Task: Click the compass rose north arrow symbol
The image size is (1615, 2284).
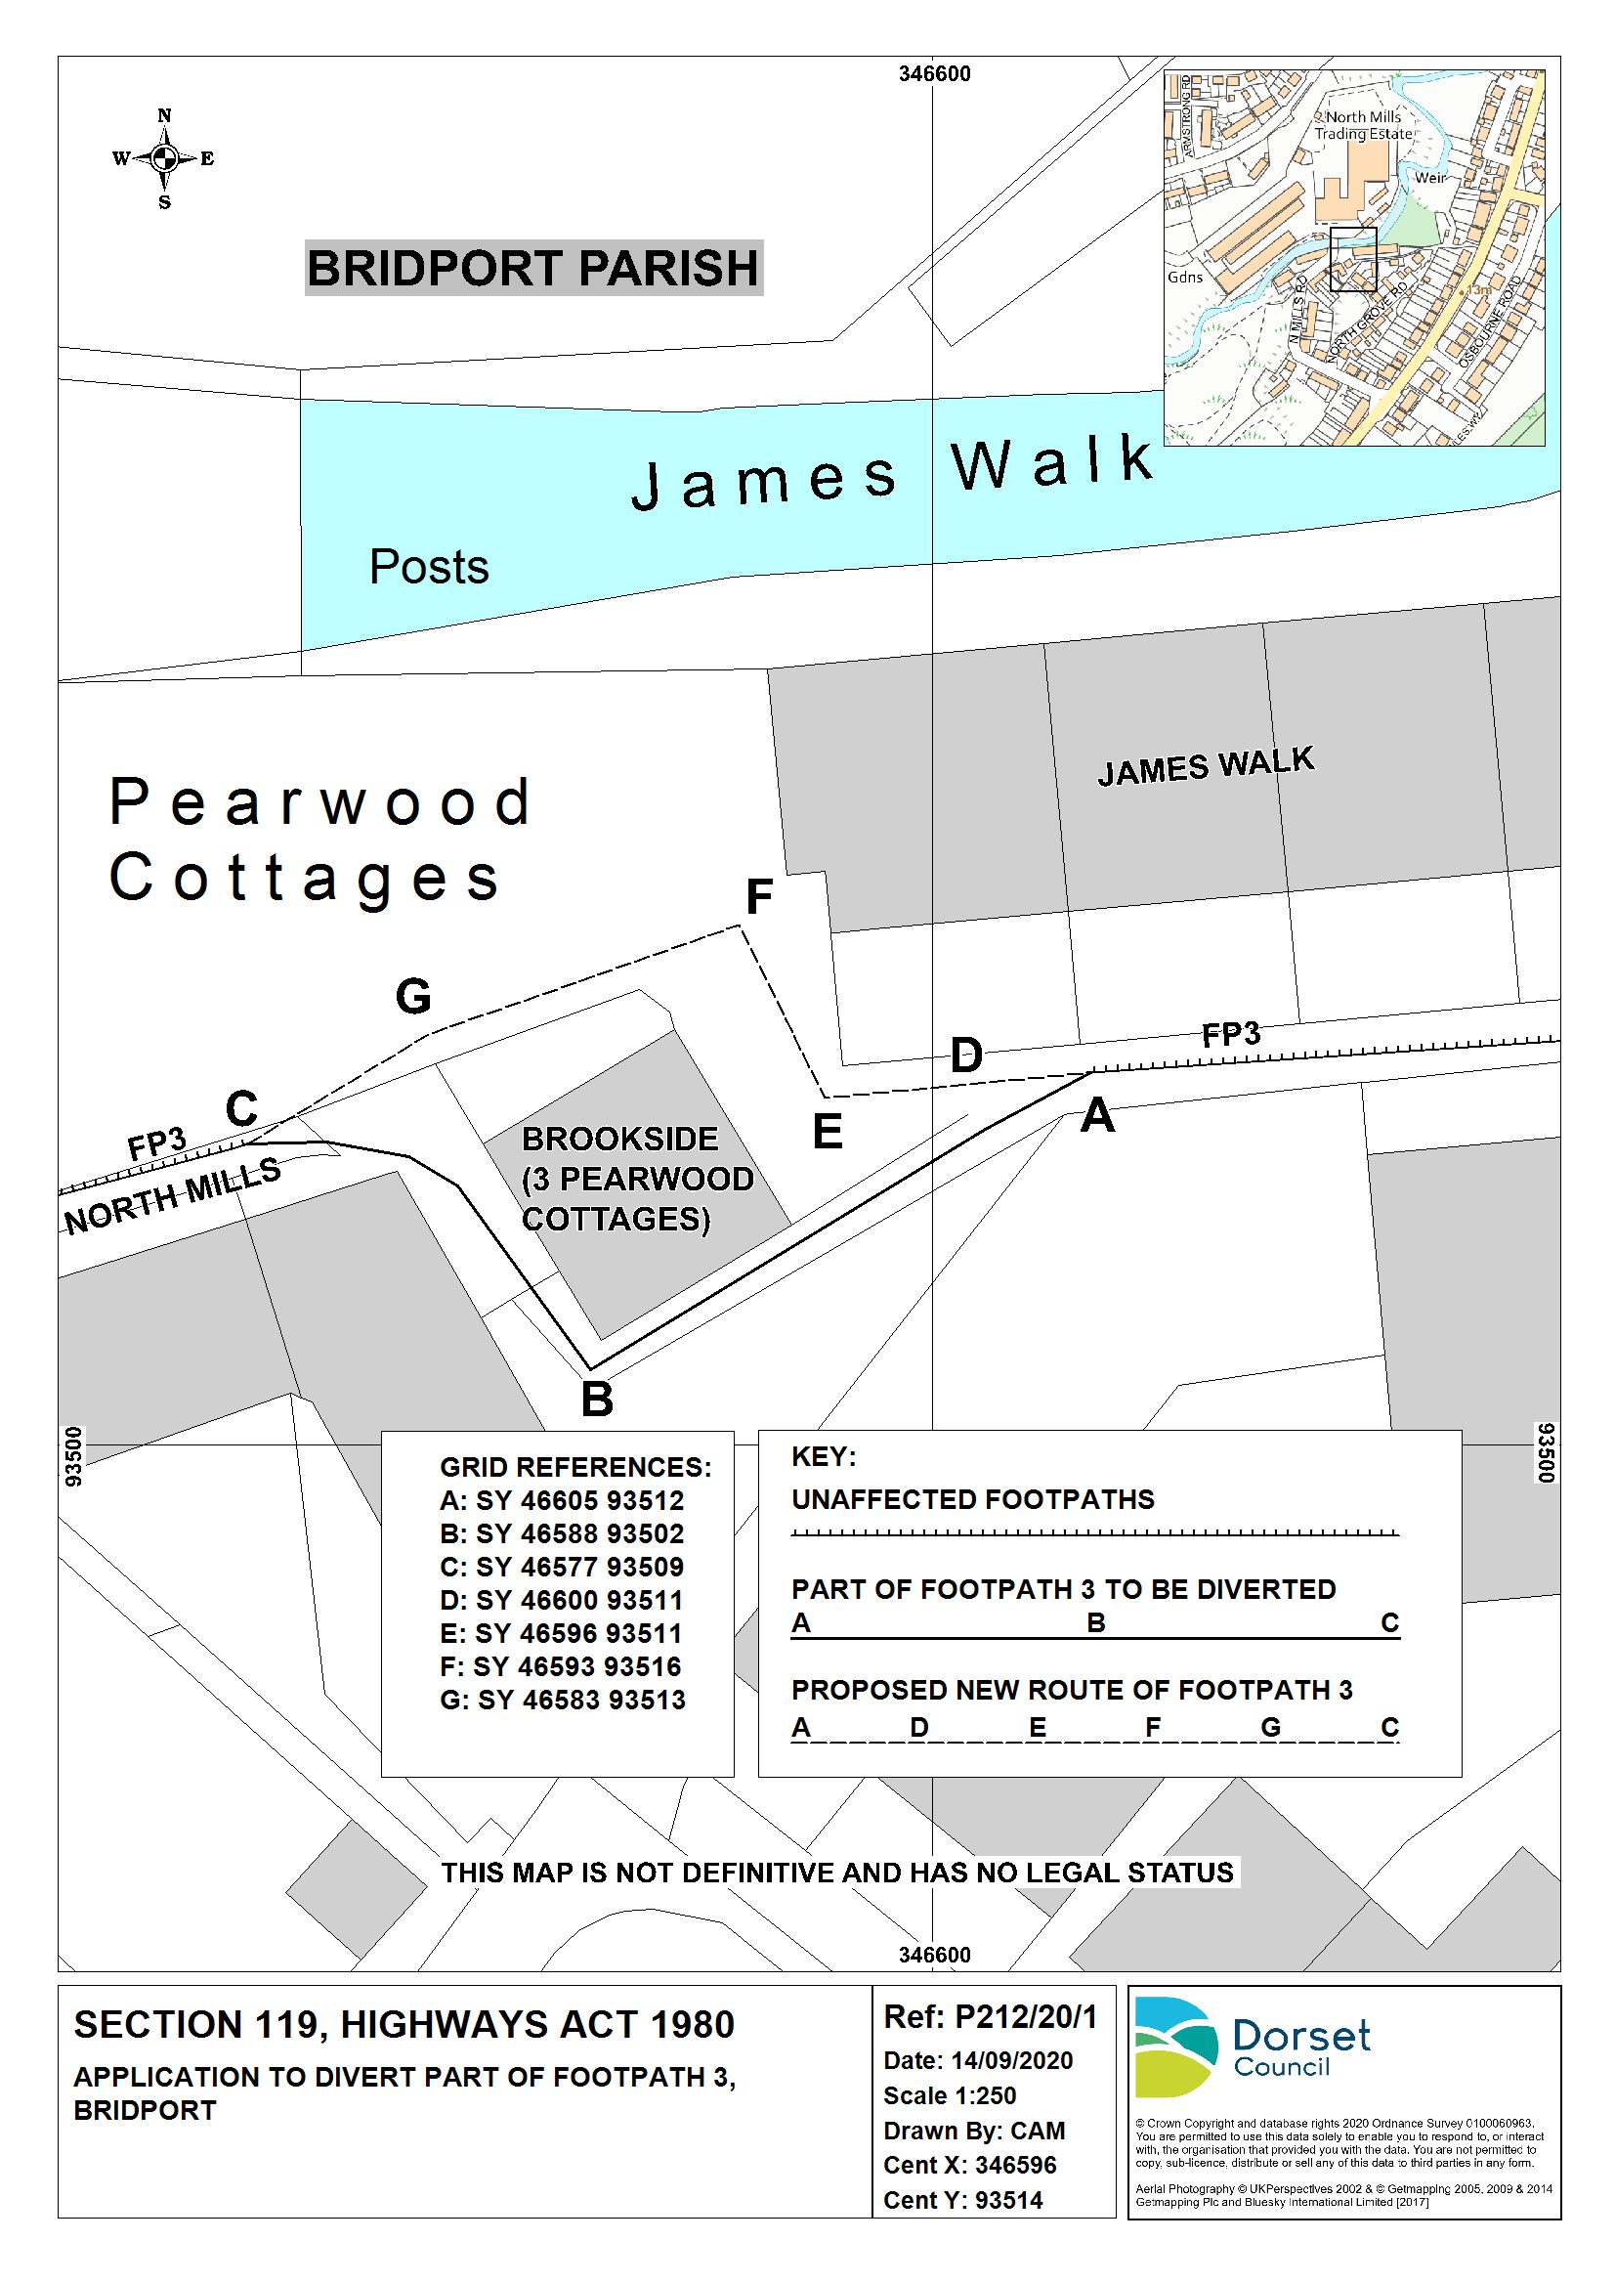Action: coord(164,158)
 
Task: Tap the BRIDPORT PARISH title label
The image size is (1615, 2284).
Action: coord(533,269)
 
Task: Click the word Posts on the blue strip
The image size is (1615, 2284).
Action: coord(429,567)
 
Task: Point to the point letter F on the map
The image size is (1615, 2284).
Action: coord(759,897)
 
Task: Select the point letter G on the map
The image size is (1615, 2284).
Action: coord(412,996)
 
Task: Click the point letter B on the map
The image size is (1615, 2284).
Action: coord(597,1400)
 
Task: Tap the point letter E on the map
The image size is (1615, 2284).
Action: coord(828,1132)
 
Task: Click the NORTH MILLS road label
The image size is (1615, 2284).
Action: coord(172,1195)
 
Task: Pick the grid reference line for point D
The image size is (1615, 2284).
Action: coord(561,1601)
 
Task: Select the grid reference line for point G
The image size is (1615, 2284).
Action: coord(562,1701)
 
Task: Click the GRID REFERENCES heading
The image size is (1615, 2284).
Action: coord(574,1468)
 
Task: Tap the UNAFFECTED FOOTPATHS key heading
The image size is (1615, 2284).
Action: coord(972,1500)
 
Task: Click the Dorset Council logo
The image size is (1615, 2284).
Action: coord(1252,2047)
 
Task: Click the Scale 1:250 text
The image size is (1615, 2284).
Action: coord(949,2096)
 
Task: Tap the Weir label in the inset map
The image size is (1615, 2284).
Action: coord(1431,178)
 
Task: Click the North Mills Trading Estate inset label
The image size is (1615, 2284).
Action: coord(1363,125)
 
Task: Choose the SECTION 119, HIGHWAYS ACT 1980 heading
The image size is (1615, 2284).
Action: coord(404,2025)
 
